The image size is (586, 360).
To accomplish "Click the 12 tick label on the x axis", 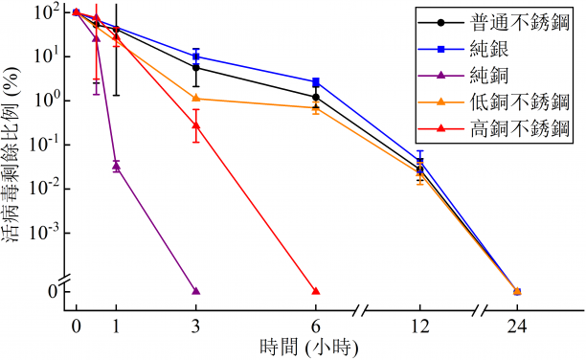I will (418, 325).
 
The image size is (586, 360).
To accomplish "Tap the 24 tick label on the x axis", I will (517, 325).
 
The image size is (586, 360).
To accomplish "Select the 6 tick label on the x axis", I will (316, 325).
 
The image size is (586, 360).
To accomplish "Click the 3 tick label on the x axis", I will (196, 325).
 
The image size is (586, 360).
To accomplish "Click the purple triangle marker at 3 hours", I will (196, 290).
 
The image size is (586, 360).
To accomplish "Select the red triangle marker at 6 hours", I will (316, 290).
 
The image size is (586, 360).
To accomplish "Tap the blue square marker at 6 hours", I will (316, 82).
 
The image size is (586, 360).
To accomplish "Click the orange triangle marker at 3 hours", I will (196, 98).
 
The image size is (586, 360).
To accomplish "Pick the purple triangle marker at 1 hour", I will (116, 166).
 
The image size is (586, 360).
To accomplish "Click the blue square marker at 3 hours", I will (196, 56).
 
